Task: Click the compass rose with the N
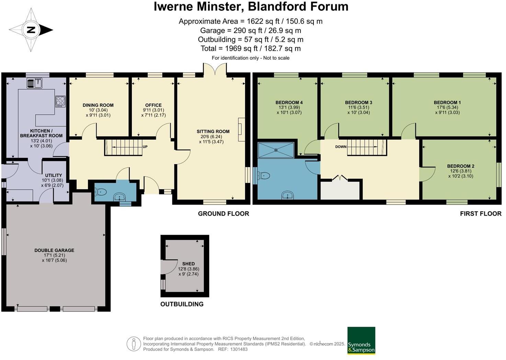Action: (x=31, y=30)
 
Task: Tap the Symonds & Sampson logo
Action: (x=361, y=340)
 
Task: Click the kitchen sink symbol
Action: (x=34, y=83)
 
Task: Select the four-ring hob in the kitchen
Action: (x=60, y=101)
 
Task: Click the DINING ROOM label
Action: (x=98, y=105)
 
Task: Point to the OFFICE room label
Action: (x=153, y=105)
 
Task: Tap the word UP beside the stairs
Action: (x=145, y=147)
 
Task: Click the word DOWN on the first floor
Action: (x=341, y=147)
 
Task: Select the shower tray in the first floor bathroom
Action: (x=276, y=150)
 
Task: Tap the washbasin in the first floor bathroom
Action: (x=287, y=196)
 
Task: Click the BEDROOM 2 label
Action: (x=460, y=166)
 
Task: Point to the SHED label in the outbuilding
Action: (x=188, y=264)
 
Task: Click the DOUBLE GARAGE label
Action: (x=54, y=250)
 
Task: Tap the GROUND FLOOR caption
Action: (x=223, y=213)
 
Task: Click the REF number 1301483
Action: (x=240, y=349)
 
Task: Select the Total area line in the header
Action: (x=250, y=48)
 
